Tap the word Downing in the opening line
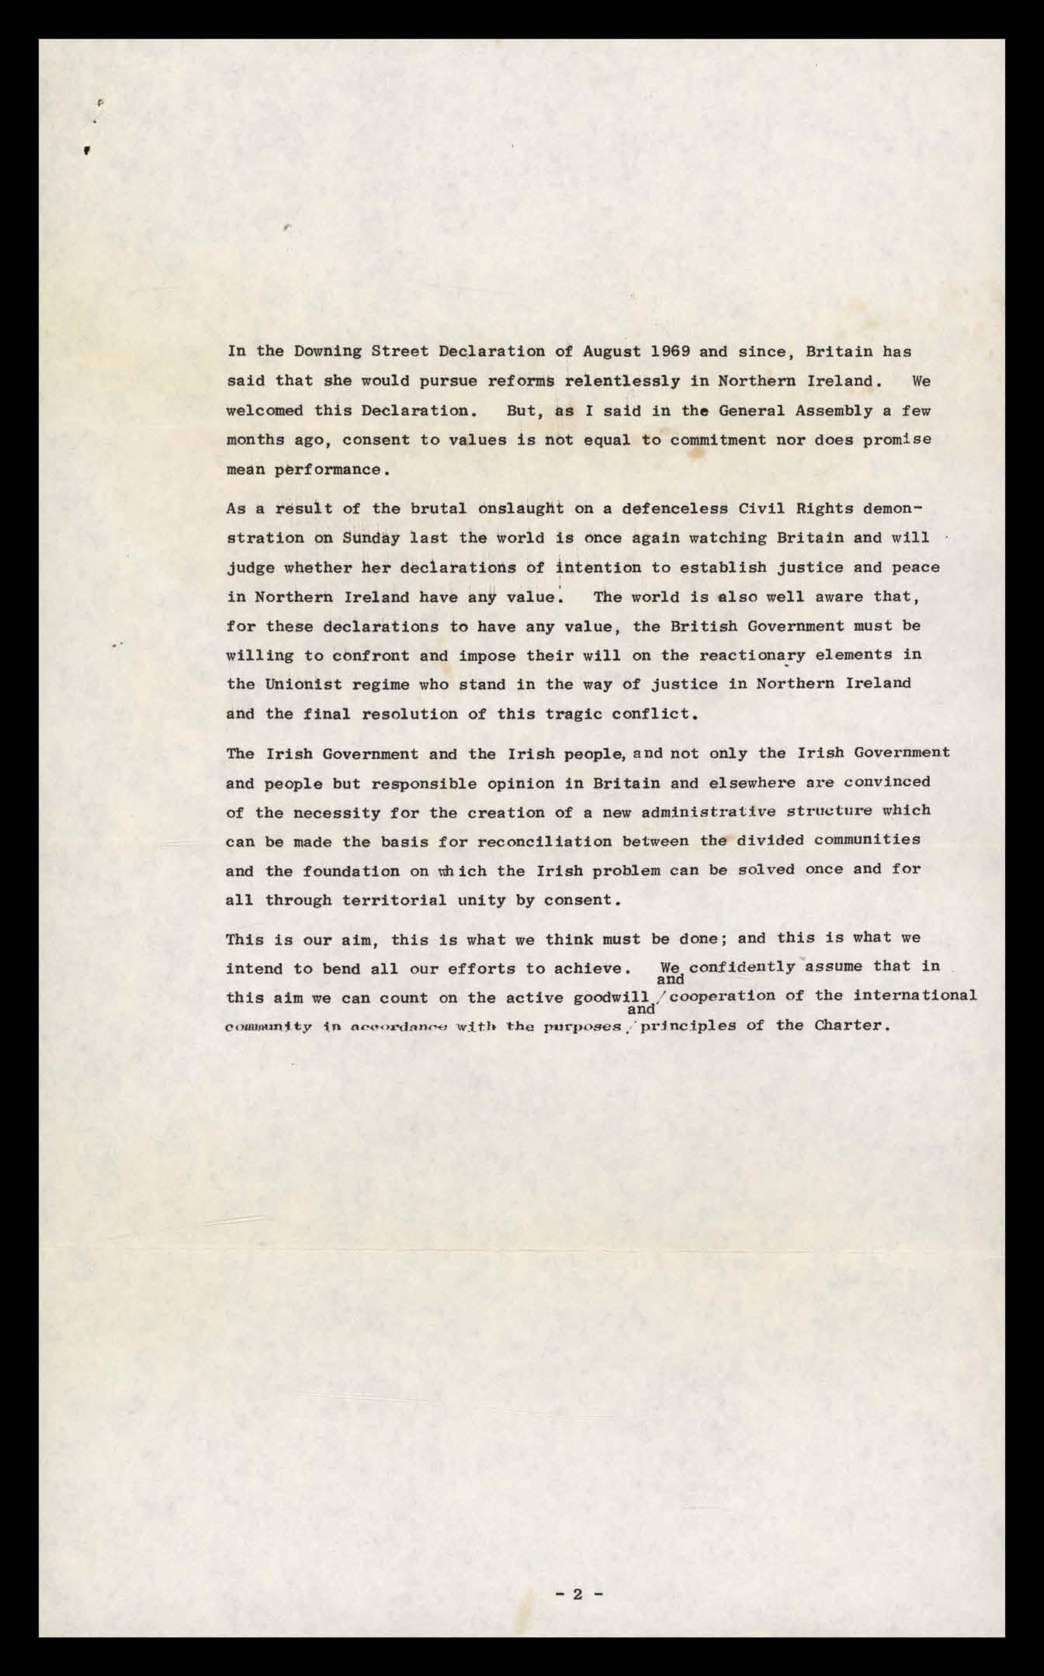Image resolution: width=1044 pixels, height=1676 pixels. pos(322,351)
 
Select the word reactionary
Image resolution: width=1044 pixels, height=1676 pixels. pos(751,655)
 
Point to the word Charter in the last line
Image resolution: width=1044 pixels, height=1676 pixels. pos(848,1025)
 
